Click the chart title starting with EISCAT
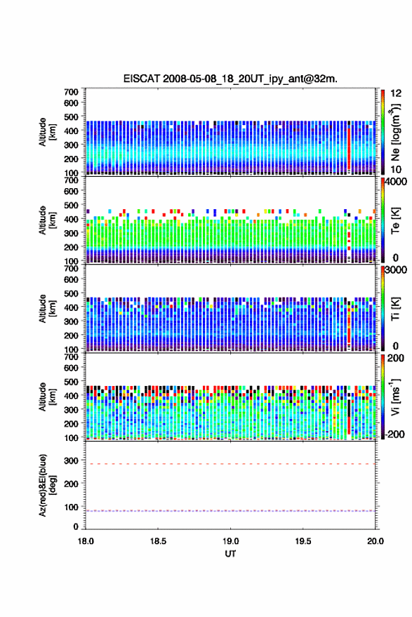230,79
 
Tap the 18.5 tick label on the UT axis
158,541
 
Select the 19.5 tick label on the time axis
303,541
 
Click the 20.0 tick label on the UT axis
376,541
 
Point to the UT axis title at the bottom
230,554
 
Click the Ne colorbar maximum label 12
396,93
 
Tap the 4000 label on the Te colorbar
396,182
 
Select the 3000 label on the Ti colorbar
396,270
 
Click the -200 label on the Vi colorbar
394,434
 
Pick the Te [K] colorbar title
395,220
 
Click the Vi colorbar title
395,397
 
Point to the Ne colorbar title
395,132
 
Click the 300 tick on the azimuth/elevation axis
71,460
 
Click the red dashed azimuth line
230,464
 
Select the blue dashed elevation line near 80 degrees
230,511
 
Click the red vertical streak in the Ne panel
349,148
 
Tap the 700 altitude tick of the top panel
71,92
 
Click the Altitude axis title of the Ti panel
47,309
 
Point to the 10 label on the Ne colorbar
396,170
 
